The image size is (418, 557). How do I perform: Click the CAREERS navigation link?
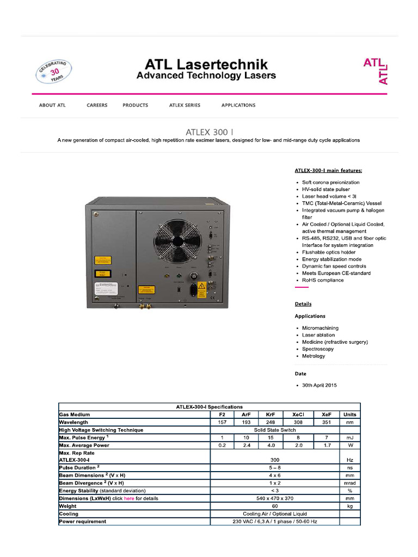97,105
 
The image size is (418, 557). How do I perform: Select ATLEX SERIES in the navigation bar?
185,105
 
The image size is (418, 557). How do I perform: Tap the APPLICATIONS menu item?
238,105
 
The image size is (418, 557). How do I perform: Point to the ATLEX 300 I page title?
209,131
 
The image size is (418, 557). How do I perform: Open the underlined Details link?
303,304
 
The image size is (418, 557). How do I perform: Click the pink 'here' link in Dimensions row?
128,498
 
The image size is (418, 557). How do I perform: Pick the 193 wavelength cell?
246,422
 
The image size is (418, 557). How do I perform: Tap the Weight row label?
68,506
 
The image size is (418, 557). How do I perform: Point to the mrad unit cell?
349,483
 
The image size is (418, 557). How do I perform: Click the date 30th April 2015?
319,385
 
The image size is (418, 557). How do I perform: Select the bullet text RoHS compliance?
323,280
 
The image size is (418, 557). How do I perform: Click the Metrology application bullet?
313,356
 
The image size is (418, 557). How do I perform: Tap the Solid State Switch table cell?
274,430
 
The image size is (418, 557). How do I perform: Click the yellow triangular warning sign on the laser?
201,286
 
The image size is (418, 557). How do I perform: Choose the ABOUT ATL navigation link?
52,105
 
